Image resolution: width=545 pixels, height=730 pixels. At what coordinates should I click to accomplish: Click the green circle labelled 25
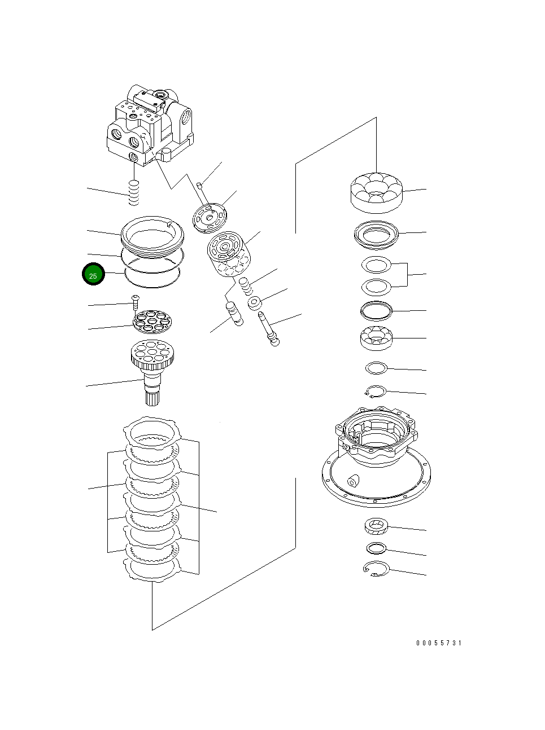tap(93, 275)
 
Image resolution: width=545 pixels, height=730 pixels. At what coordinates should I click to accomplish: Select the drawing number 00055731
tap(439, 643)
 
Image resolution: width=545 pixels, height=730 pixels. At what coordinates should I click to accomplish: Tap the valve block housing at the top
tap(150, 125)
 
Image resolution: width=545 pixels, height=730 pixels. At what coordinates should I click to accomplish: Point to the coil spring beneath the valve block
tap(134, 193)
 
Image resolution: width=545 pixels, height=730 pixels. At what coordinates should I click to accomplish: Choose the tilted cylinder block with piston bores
tap(227, 256)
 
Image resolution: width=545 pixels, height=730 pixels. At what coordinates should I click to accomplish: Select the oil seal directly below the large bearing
tap(376, 234)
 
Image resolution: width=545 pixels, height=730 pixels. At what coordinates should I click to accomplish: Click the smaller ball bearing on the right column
tap(376, 337)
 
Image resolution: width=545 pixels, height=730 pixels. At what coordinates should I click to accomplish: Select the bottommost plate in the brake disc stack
tap(152, 568)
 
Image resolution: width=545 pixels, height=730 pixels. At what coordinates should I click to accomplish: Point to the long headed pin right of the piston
tap(269, 329)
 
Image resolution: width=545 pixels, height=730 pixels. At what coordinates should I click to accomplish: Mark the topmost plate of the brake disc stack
tap(152, 432)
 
